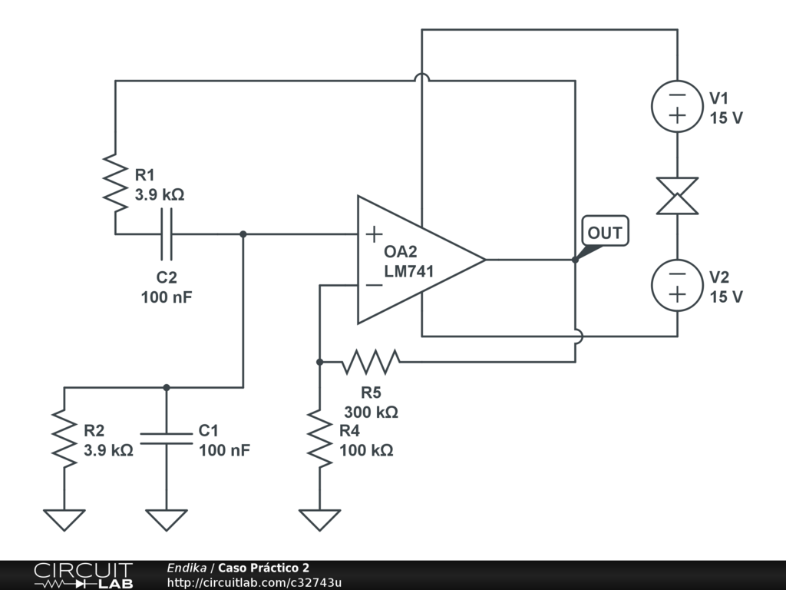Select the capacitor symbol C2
point(167,234)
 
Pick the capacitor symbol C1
point(167,439)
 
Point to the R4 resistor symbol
point(319,438)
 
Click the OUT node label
point(605,232)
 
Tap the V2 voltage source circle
point(677,284)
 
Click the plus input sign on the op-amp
point(374,234)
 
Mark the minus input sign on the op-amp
point(374,285)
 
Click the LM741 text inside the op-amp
point(409,271)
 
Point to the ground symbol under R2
point(64,519)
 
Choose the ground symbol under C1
point(167,519)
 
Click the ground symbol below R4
point(319,519)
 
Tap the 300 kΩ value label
point(371,412)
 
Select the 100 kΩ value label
point(366,450)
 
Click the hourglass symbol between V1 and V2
point(677,195)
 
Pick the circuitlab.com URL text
point(254,582)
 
